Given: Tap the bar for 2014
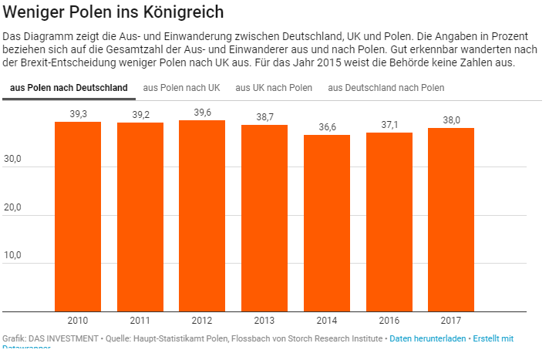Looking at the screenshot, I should [327, 223].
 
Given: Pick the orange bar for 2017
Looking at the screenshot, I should [451, 220].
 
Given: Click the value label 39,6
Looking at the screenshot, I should [202, 113].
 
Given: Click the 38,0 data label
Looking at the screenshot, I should [451, 120].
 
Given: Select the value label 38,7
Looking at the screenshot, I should [264, 117].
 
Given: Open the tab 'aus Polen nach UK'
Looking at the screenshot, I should [181, 88].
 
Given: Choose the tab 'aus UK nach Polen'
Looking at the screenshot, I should [274, 88].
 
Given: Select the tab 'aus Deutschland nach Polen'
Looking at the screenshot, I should [386, 88].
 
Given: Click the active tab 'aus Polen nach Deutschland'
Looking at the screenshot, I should [69, 88].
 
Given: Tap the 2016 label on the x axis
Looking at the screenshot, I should [389, 320].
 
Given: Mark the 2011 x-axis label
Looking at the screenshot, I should [140, 320].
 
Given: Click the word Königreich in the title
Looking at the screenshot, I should [177, 12].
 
